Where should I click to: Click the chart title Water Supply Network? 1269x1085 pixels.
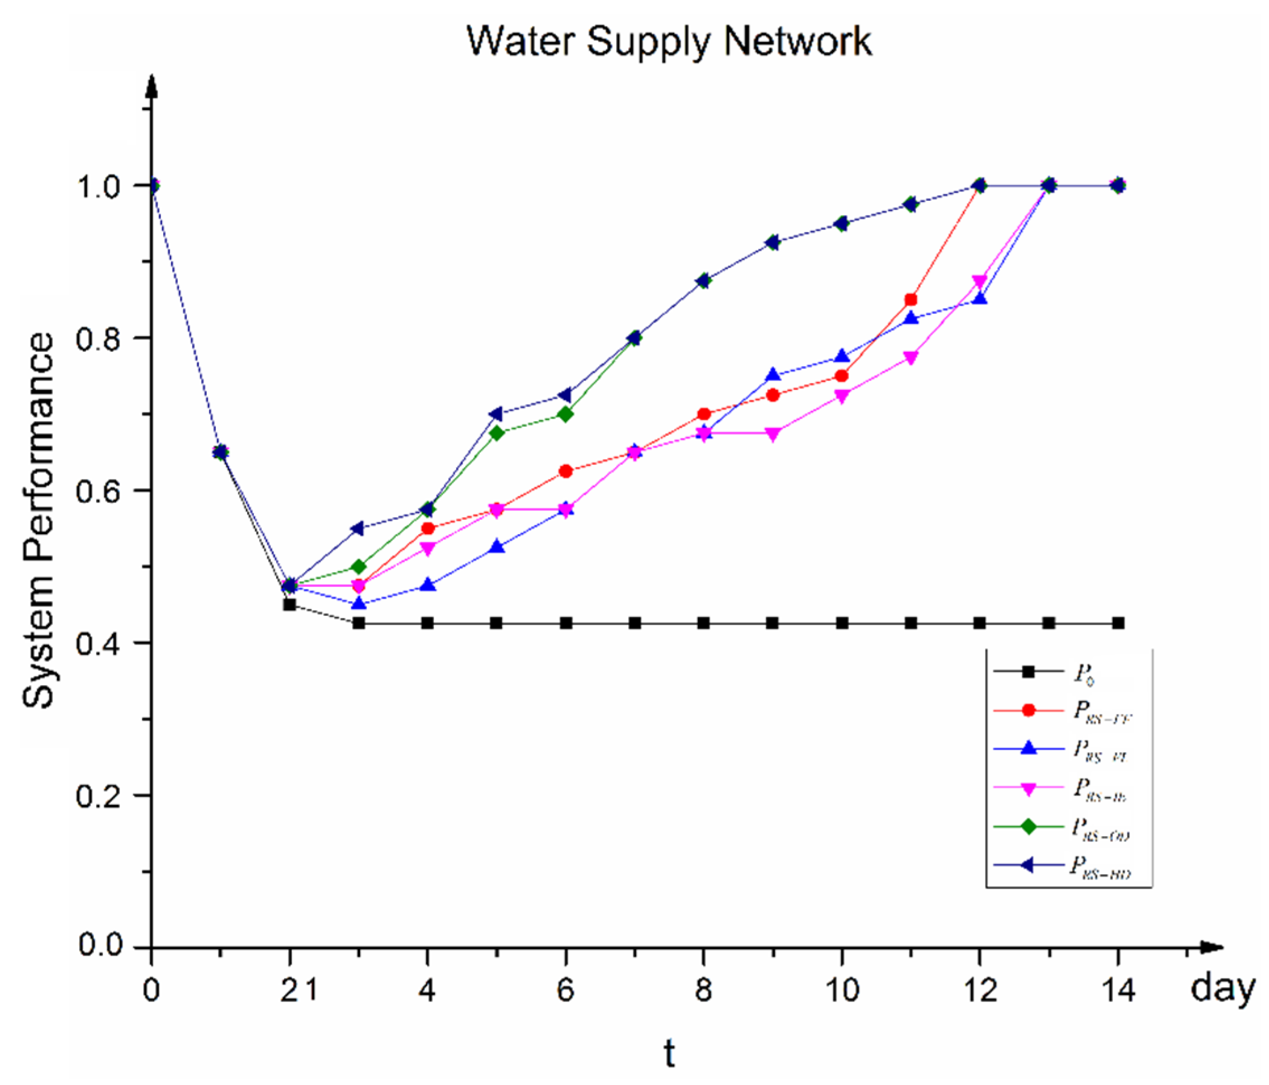point(669,41)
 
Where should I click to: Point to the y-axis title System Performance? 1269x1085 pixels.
point(38,521)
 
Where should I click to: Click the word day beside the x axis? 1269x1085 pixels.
point(1223,989)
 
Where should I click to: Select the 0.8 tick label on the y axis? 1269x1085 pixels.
point(98,338)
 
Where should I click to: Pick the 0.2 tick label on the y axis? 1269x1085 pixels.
point(98,796)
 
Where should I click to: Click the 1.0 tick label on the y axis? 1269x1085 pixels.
point(98,186)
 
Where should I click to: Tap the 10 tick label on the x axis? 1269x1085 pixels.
point(842,990)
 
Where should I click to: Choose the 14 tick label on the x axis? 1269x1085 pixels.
point(1118,990)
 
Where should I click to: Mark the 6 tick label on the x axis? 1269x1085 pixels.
point(565,990)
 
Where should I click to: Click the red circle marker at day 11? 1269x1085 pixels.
point(911,300)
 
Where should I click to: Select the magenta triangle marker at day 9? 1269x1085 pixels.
point(773,435)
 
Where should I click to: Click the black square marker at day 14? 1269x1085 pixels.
point(1118,623)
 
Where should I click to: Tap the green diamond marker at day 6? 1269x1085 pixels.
point(566,414)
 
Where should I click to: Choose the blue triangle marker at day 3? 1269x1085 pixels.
point(359,603)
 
